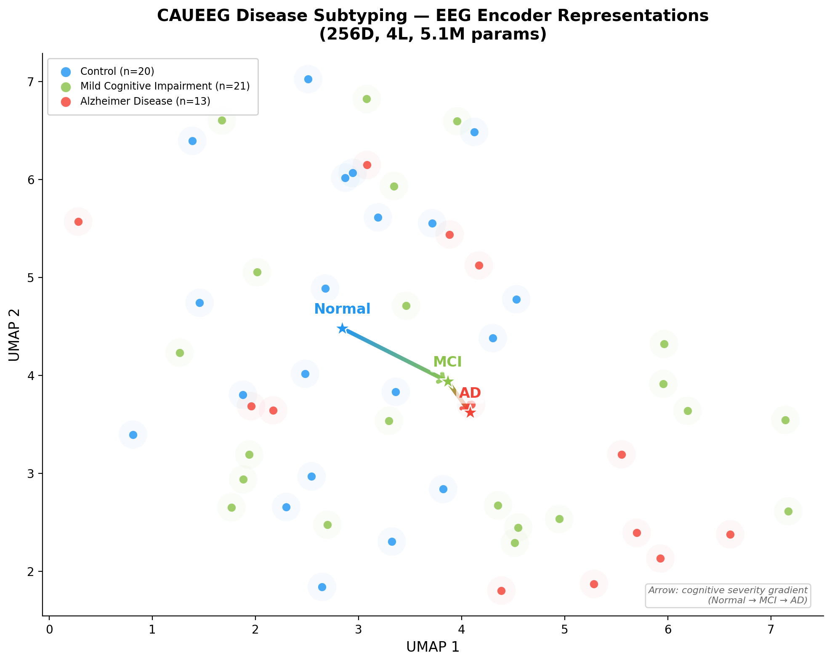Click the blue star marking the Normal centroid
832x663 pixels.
[342, 328]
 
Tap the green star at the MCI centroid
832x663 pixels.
[448, 381]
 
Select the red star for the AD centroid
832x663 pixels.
[470, 412]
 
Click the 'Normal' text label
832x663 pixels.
[342, 309]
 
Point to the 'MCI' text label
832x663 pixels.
[447, 362]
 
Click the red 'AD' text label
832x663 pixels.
[470, 393]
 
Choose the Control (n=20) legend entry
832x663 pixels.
[117, 71]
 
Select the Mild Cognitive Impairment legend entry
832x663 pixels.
[165, 86]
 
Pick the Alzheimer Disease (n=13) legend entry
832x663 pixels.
[145, 101]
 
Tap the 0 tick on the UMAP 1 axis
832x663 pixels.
[49, 631]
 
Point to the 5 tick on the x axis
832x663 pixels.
[564, 631]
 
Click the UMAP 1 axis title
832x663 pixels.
[433, 647]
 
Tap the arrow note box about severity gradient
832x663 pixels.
[728, 595]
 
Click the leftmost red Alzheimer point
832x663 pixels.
[78, 222]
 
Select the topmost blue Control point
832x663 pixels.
[308, 79]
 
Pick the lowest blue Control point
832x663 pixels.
[322, 587]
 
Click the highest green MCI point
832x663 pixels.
[367, 99]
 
